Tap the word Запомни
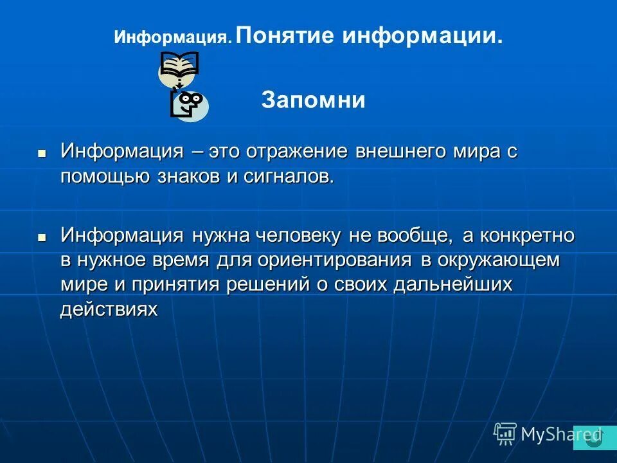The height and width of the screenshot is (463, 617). coord(313,100)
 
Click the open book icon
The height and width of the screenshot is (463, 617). coord(179,66)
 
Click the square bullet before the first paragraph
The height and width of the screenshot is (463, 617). coord(42,154)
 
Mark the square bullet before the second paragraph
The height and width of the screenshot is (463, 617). coord(42,237)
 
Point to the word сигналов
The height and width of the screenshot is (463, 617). coord(289,177)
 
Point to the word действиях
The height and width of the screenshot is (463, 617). coord(109,309)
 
